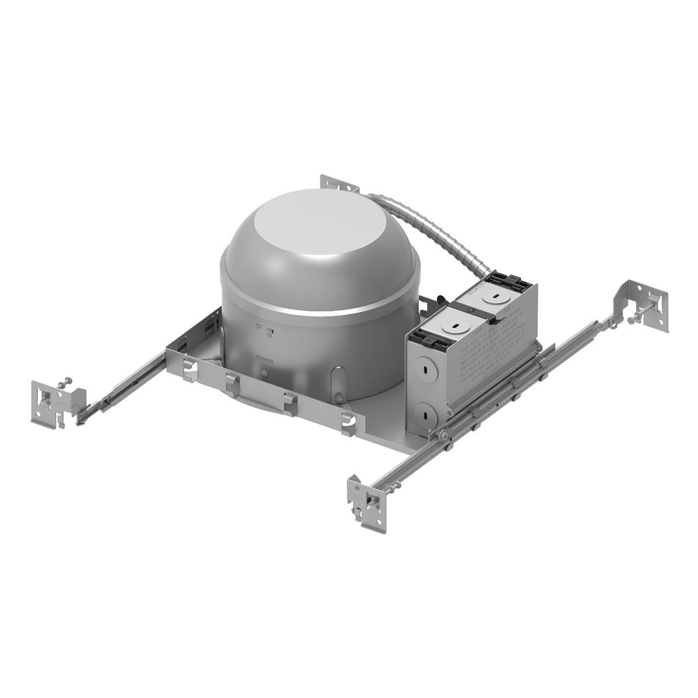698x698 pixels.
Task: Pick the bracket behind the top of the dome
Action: point(339,183)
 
